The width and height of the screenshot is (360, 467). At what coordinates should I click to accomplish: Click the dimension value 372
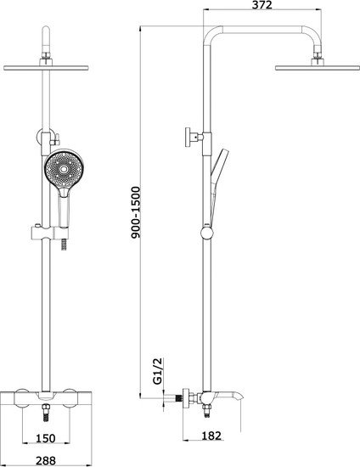pos(262,5)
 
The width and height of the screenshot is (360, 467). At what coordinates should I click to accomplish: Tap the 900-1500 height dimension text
pos(136,212)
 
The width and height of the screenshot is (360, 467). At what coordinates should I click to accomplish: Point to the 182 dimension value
pos(211,436)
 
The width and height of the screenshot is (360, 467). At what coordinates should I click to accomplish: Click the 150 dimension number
pos(46,438)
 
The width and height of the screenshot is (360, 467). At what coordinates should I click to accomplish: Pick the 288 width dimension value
pos(46,461)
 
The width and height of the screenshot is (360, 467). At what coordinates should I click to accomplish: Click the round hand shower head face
pos(64,169)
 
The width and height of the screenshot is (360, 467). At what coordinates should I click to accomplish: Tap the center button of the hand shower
pos(64,170)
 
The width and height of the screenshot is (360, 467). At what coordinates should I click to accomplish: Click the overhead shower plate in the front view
pos(46,68)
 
